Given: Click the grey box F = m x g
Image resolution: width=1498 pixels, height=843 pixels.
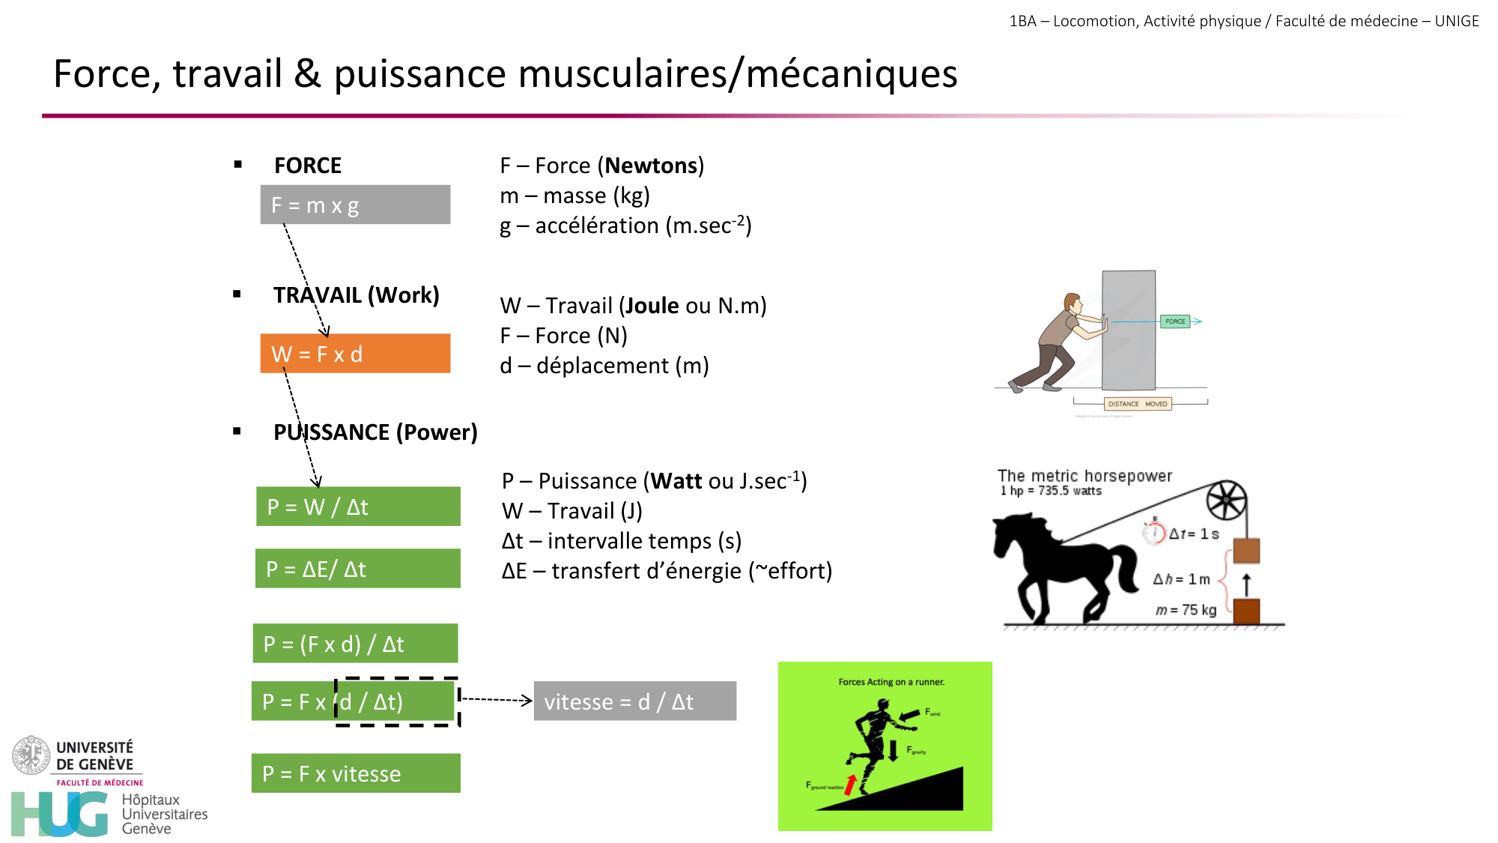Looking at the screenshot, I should pos(355,205).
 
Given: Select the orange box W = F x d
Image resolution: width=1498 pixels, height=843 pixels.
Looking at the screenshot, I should pos(355,354).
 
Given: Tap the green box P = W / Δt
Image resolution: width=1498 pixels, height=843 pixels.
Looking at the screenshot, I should pos(358,507).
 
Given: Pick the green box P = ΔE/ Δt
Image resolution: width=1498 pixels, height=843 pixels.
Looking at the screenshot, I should pos(357,569).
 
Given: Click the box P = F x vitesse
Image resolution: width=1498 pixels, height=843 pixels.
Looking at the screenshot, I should pos(356,773).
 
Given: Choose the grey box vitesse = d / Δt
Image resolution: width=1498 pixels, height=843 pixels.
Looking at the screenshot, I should pos(634,701).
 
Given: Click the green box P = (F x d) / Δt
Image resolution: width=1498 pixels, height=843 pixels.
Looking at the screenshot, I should pos(355,644).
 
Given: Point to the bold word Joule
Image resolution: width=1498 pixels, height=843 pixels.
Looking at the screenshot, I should pos(652,306).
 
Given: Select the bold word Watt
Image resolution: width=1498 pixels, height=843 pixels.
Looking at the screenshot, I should pos(676,481).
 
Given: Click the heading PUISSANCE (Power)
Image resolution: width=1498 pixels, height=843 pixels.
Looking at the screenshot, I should pos(375,432).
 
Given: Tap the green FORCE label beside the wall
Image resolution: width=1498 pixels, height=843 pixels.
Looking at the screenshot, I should pos(1174,321).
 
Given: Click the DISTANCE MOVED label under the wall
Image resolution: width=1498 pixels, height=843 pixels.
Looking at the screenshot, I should pos(1137,404).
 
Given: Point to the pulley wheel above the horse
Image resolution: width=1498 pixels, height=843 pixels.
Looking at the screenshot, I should pos(1226,501).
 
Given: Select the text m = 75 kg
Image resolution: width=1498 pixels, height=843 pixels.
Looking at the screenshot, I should pos(1186,610).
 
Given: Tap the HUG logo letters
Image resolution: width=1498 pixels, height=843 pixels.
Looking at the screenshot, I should pos(60,815).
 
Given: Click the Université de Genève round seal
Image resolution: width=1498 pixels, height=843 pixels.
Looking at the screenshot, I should pos(31,755).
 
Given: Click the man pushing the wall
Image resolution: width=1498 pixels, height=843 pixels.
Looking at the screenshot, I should pos(1056,341).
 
